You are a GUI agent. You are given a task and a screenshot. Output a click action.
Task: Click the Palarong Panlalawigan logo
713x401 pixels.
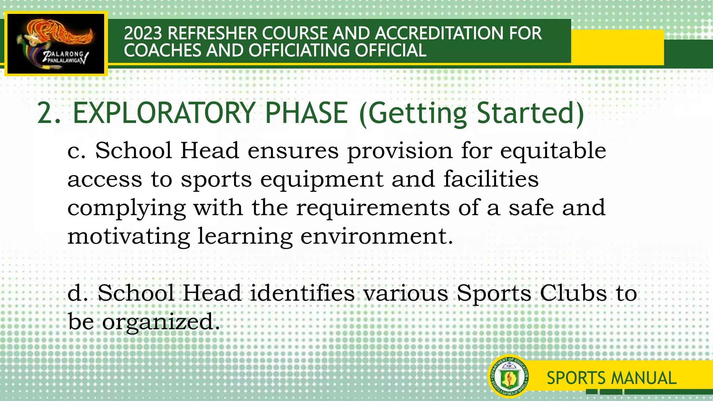(56, 44)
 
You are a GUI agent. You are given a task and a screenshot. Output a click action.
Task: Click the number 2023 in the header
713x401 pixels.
(143, 33)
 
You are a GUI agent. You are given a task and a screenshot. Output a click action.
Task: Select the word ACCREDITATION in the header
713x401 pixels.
(438, 33)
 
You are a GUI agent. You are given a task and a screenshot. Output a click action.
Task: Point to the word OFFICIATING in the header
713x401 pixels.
(300, 50)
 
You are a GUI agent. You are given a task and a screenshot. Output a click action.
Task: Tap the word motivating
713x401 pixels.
(129, 237)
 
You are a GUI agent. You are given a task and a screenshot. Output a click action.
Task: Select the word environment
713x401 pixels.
(376, 236)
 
